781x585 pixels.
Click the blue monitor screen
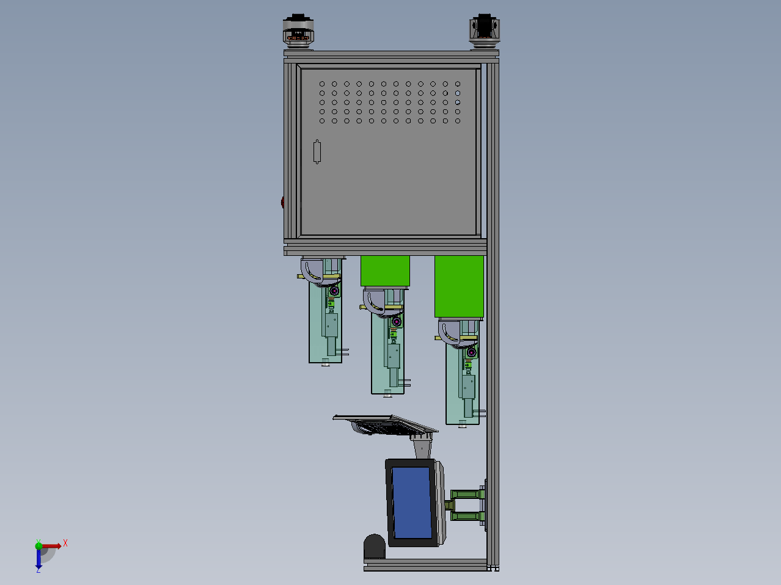[x=412, y=503]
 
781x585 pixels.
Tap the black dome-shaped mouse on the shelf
[x=375, y=547]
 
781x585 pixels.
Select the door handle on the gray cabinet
[x=317, y=152]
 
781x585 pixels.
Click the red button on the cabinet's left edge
[x=282, y=202]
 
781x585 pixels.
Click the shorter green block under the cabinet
[x=385, y=271]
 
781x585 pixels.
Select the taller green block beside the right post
[x=459, y=286]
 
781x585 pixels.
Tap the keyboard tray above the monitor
[x=386, y=425]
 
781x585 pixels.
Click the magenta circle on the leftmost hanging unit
[x=334, y=291]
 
